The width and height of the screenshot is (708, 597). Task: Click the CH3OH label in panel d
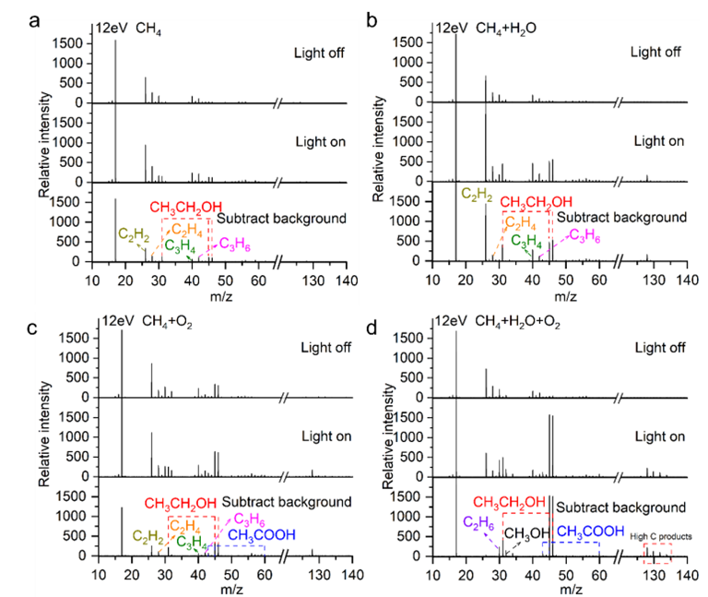[x=522, y=533]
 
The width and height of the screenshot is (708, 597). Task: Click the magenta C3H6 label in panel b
[x=584, y=234]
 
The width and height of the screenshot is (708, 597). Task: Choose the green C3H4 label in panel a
[x=180, y=245]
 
